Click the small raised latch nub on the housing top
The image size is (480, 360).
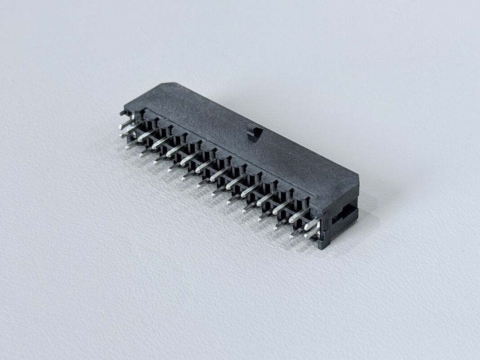click(x=254, y=134)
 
